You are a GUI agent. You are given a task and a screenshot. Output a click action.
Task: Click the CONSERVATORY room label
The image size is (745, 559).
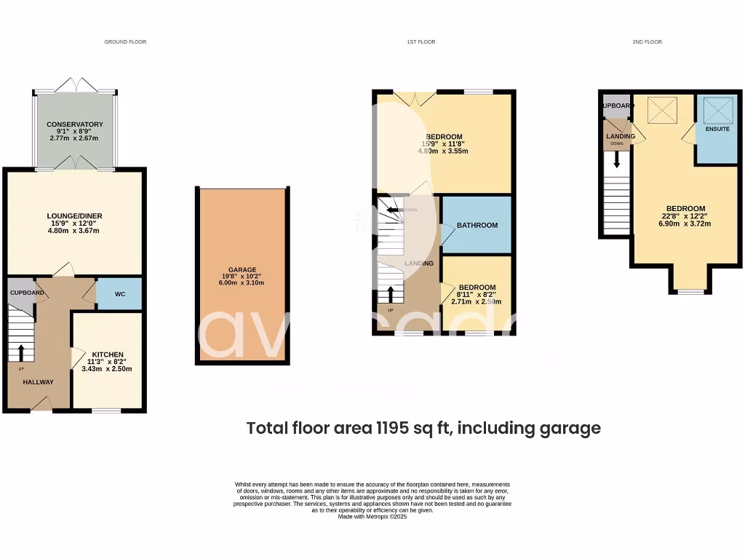pos(75,124)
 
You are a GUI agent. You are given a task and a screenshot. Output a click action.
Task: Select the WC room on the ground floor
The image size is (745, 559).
pos(120,293)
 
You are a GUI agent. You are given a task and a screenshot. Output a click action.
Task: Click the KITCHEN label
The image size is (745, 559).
pos(108,354)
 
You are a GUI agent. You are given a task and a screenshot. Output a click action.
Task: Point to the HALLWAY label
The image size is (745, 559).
pos(38,382)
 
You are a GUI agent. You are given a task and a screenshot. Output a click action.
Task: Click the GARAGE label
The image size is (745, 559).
pos(242,269)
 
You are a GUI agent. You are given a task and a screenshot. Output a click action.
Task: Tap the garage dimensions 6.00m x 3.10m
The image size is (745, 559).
pos(242,283)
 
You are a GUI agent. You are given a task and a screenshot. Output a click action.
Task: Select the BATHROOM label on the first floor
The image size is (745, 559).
pos(477,226)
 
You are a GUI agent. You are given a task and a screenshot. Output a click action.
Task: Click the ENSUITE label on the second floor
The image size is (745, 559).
pos(717,129)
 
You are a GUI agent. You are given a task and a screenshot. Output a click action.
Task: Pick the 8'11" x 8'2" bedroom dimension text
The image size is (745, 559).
pos(477,294)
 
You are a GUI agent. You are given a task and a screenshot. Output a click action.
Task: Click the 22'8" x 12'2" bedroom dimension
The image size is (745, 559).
pos(685,216)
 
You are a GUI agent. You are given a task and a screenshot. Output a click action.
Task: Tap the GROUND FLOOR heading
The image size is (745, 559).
pos(125,42)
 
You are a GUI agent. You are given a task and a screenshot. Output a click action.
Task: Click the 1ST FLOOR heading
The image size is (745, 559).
pos(421,42)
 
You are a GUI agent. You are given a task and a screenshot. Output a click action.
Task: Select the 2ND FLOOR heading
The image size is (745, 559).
pos(647,42)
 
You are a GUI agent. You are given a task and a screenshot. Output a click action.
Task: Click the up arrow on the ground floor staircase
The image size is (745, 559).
pos(20,353)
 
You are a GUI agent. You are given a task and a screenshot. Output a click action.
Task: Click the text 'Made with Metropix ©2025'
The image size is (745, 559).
pos(372,517)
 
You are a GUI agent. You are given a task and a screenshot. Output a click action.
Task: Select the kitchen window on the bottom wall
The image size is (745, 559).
pos(106,412)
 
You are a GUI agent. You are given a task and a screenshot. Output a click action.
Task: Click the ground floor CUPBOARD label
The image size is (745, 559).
pos(27,293)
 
